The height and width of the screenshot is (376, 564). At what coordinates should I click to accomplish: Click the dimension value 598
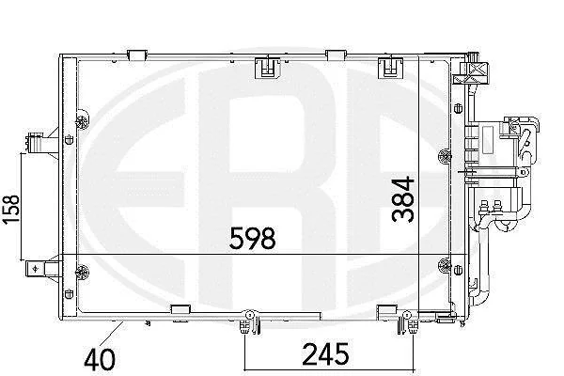pyautogui.click(x=253, y=238)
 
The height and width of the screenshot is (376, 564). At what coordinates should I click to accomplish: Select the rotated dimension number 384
pyautogui.click(x=403, y=198)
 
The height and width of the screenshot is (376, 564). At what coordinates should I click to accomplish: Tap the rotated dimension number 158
pyautogui.click(x=10, y=210)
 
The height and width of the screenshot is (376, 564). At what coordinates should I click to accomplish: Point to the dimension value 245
pyautogui.click(x=326, y=353)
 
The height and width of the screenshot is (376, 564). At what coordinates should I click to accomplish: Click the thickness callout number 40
pyautogui.click(x=100, y=359)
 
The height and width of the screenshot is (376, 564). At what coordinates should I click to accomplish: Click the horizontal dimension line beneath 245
pyautogui.click(x=329, y=369)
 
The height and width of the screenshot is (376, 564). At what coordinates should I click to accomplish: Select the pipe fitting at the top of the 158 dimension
pyautogui.click(x=39, y=143)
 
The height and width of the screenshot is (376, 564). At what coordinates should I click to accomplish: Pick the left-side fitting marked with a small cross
pyautogui.click(x=40, y=269)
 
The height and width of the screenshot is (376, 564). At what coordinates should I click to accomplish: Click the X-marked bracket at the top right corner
pyautogui.click(x=471, y=72)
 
